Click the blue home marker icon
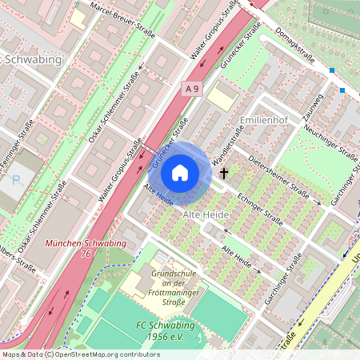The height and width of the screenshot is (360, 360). pyautogui.click(x=180, y=172)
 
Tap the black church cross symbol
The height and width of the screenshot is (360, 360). pyautogui.click(x=224, y=171)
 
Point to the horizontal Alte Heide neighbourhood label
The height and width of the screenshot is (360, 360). pyautogui.click(x=206, y=215)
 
